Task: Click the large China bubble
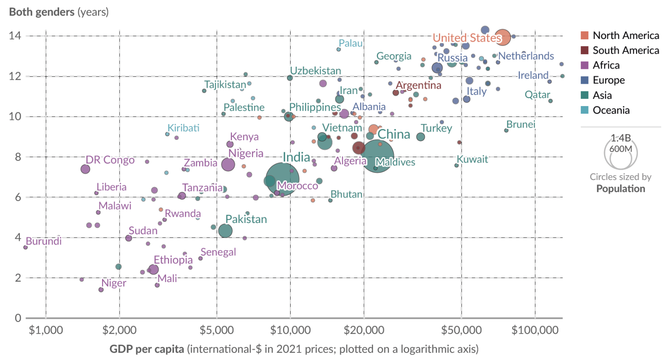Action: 377,155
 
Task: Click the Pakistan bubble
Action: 226,231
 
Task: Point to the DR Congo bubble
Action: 85,169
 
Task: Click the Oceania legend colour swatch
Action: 584,110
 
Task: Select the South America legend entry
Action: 625,50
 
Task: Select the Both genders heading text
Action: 42,12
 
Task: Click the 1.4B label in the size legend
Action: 621,138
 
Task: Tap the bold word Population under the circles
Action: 621,189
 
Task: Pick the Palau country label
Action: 350,43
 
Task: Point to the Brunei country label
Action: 521,124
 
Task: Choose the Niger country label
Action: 114,283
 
